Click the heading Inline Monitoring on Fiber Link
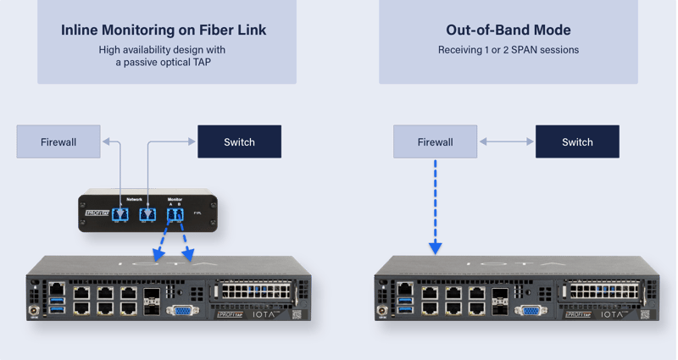[164, 30]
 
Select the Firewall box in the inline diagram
[58, 141]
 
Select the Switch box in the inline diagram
[239, 141]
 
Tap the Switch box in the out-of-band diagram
[577, 141]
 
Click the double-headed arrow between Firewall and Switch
[506, 141]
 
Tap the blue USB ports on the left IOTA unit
[56, 309]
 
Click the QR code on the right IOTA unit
[646, 314]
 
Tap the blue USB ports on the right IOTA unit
[406, 309]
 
